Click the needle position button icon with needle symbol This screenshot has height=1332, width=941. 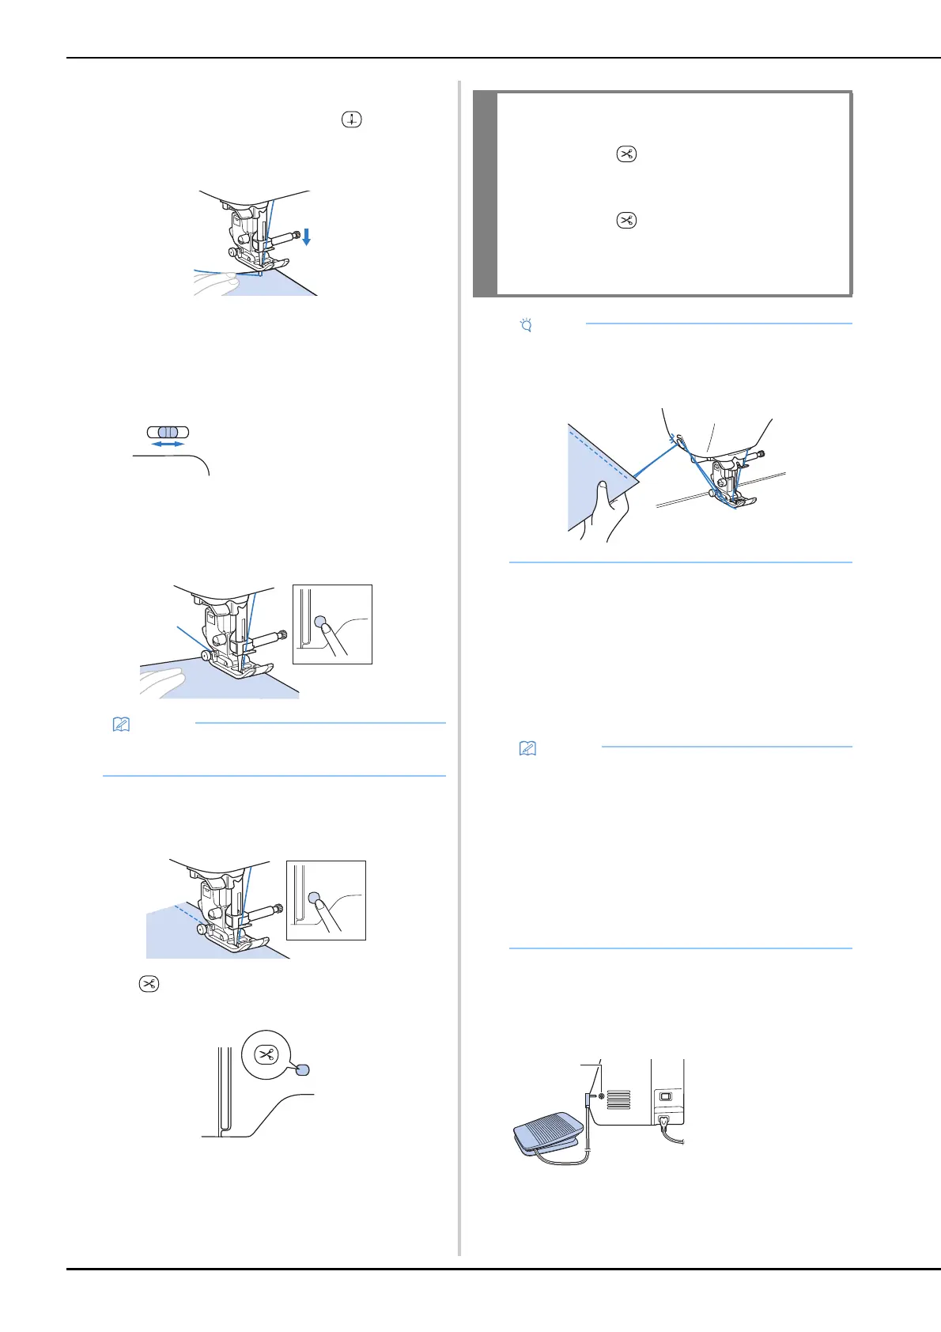tap(352, 120)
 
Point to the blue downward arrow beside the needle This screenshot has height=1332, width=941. tap(306, 237)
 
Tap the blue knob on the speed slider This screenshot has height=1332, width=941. tap(167, 433)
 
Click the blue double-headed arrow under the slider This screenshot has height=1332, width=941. tap(167, 445)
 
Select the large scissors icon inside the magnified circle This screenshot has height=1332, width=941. tap(267, 1054)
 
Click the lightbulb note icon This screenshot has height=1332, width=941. tap(525, 324)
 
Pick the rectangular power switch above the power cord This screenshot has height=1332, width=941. tap(665, 1096)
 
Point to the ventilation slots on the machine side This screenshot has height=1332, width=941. tap(619, 1099)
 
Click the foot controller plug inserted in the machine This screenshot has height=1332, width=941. tap(588, 1100)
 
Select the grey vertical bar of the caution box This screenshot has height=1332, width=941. tap(485, 194)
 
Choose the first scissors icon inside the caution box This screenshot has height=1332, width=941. tap(625, 154)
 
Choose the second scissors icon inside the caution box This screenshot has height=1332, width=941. tap(625, 221)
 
